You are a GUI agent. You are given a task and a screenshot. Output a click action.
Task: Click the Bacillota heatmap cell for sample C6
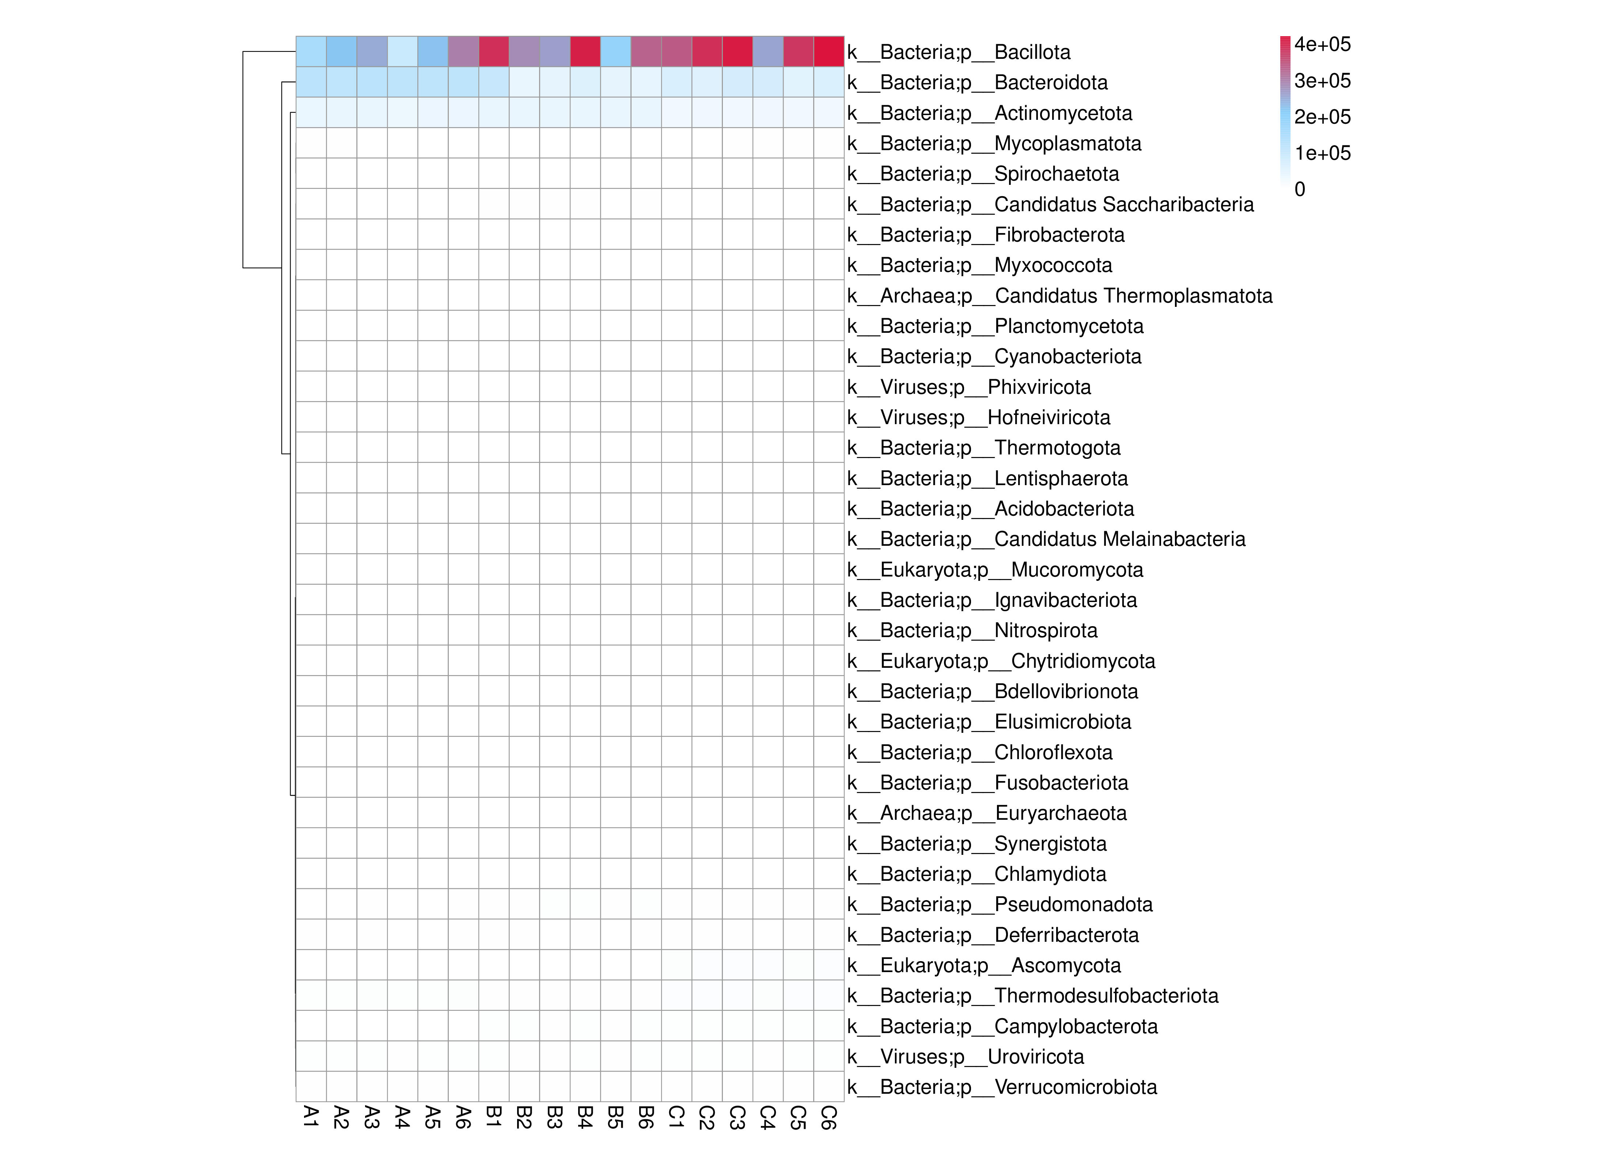829,52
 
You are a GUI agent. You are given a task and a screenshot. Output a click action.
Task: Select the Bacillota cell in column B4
585,52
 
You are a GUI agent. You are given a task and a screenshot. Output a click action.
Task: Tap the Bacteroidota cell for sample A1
311,82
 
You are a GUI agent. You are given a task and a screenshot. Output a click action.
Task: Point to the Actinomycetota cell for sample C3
737,113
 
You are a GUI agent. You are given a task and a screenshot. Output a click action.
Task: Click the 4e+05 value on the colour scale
1322,44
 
